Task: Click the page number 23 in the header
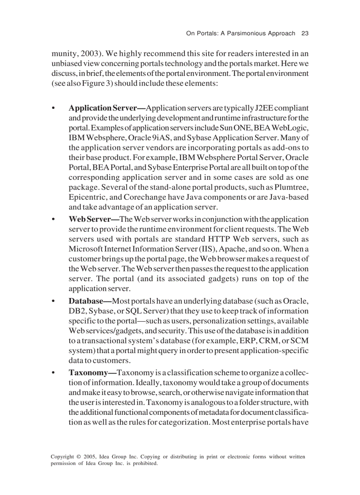point(304,33)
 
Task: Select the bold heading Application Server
point(106,108)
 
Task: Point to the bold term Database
point(90,301)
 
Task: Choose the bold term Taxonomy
point(92,372)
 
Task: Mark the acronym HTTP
point(218,239)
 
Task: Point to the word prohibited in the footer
point(144,463)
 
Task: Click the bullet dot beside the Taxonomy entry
point(53,373)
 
